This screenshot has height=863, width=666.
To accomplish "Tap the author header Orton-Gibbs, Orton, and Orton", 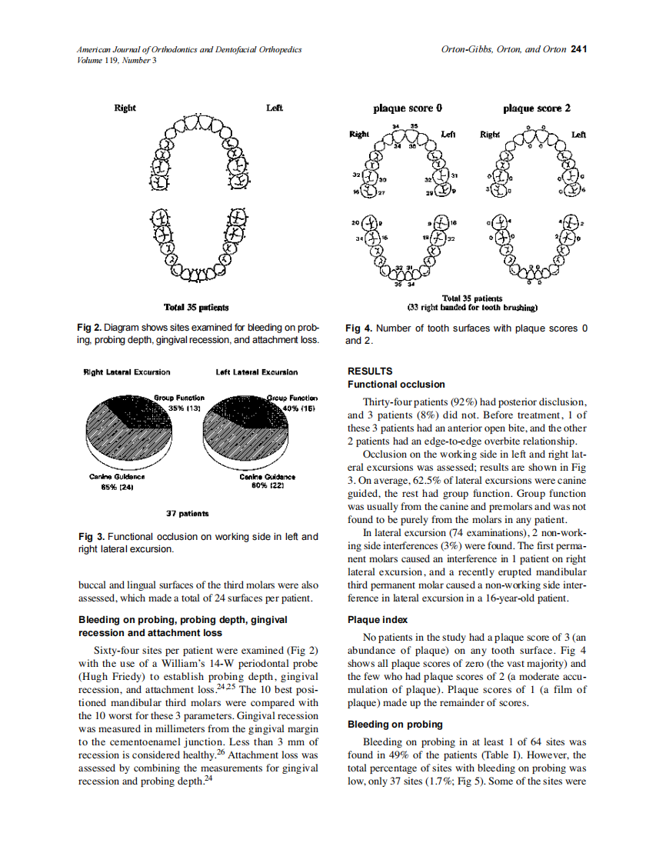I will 503,50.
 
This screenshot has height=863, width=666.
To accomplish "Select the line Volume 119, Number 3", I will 117,60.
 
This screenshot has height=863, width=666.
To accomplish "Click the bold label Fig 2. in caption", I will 90,328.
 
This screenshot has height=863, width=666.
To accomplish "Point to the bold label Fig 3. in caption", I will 90,536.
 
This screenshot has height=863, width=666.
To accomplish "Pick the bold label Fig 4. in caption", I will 358,328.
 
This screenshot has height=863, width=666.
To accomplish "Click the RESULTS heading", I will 370,371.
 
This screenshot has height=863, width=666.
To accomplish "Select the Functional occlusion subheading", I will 396,384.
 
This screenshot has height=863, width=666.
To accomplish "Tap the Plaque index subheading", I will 378,619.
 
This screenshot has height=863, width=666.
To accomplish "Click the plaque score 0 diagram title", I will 408,108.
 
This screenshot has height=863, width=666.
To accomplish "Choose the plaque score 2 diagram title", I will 537,108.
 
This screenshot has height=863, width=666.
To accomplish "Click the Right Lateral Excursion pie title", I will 127,372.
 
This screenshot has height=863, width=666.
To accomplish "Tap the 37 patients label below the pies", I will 188,512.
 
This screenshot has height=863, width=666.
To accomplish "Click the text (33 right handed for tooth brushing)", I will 471,308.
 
